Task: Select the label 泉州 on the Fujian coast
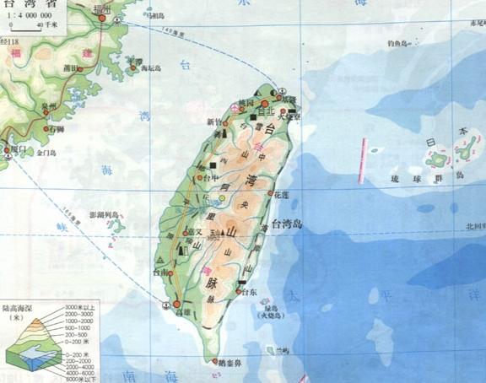click(51, 105)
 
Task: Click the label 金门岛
click(45, 154)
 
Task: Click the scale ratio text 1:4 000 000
click(29, 15)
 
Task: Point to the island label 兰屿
click(271, 348)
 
